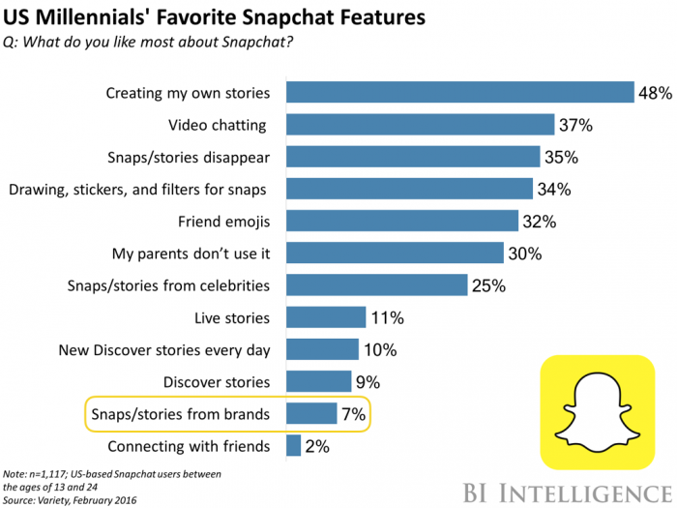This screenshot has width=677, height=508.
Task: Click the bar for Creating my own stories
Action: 459,93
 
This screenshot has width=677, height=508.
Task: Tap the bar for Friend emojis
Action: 406,221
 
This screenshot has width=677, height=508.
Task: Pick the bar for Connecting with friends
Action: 293,446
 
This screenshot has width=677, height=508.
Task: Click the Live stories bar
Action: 326,317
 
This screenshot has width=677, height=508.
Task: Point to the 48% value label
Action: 654,94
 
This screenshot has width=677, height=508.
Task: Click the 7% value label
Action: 353,415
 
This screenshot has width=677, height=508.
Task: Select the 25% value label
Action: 486,285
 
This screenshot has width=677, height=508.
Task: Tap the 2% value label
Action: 316,447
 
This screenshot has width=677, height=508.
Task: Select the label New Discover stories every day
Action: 164,350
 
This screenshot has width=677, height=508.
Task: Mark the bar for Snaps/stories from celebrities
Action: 378,285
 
